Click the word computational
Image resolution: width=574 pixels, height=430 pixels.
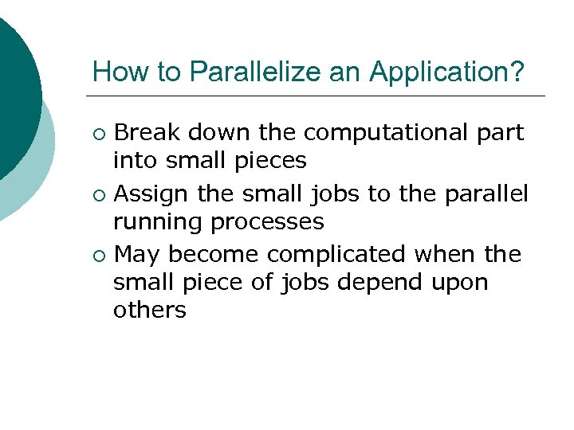(379, 131)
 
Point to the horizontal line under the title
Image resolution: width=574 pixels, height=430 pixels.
(319, 96)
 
